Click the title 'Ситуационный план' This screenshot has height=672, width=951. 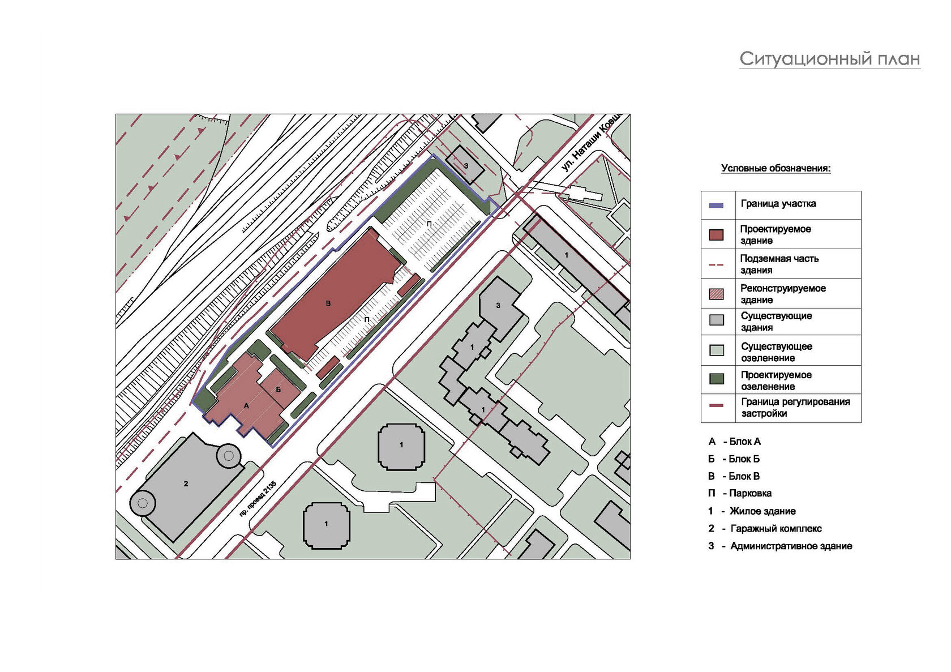click(829, 59)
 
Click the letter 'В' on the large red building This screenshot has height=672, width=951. click(328, 304)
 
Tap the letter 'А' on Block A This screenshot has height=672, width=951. click(246, 406)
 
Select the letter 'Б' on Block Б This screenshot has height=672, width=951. click(279, 389)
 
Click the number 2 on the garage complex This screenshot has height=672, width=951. click(186, 483)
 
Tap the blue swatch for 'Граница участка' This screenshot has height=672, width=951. click(716, 206)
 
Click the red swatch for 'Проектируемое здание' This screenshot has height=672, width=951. click(716, 235)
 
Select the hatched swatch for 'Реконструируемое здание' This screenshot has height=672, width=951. click(716, 294)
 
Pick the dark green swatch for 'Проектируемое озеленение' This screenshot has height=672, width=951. click(716, 379)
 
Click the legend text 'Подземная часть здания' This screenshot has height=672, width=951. click(779, 264)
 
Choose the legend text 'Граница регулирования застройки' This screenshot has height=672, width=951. click(795, 408)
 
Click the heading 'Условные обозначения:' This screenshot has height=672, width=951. click(776, 168)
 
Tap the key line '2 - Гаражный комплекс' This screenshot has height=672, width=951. click(765, 529)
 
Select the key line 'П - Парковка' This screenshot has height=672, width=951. click(740, 494)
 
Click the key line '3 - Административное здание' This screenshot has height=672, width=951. click(780, 546)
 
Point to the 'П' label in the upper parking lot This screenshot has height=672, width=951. click(429, 224)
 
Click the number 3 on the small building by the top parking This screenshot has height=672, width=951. click(466, 165)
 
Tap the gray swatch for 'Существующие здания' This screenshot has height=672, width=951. click(716, 321)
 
